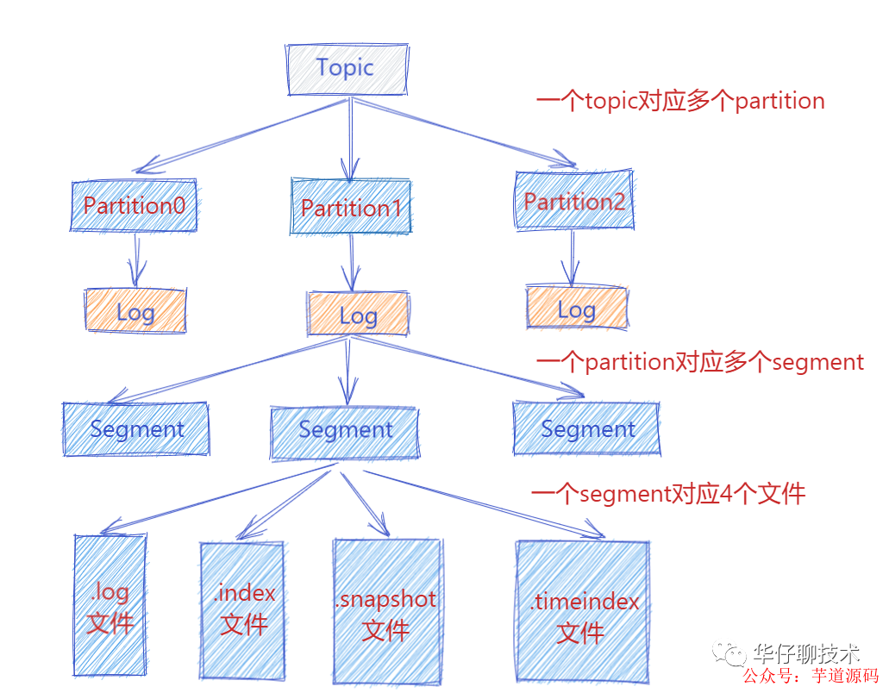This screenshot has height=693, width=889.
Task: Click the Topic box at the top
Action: (346, 68)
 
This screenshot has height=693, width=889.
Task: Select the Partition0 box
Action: (135, 206)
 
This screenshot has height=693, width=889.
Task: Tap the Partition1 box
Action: (351, 208)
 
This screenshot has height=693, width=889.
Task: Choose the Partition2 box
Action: (574, 202)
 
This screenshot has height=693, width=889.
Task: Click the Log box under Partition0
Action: (135, 311)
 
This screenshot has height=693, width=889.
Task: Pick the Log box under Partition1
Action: (358, 315)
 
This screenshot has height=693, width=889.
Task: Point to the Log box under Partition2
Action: (577, 309)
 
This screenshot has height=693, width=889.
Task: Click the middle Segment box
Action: (345, 430)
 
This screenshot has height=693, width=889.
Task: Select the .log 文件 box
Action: (110, 605)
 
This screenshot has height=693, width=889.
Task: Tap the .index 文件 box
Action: (242, 608)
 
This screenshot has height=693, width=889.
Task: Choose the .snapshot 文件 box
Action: (386, 611)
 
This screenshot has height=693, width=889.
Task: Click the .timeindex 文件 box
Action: (582, 613)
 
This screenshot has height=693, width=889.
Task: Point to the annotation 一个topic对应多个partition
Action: (680, 102)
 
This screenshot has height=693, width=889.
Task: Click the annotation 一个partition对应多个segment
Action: (699, 362)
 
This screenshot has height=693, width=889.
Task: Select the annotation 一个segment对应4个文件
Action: (668, 494)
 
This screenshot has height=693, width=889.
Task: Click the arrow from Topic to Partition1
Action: (349, 138)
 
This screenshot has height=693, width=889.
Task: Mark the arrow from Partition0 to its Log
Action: (135, 259)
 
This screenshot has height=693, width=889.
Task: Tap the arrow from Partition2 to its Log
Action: (570, 258)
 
